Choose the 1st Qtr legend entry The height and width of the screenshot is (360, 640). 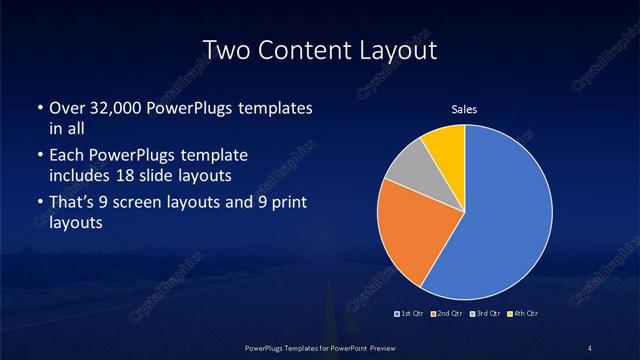(410, 315)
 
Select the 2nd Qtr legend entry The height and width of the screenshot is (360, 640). (446, 315)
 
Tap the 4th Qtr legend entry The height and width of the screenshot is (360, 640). (522, 315)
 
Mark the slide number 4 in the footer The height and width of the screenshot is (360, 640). (590, 347)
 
